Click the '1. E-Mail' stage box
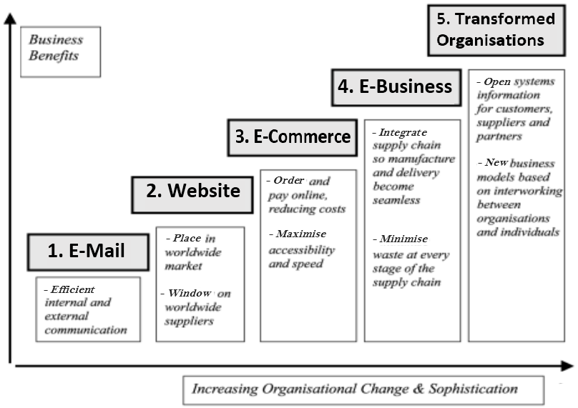click(x=87, y=251)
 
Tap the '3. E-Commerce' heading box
click(x=293, y=136)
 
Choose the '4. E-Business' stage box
click(x=395, y=86)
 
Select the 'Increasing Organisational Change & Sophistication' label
click(x=354, y=389)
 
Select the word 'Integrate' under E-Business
click(x=403, y=133)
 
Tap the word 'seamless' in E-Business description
click(x=396, y=200)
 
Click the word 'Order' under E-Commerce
click(x=288, y=181)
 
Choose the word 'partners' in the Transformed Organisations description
click(x=499, y=136)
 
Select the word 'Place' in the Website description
click(x=187, y=238)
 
